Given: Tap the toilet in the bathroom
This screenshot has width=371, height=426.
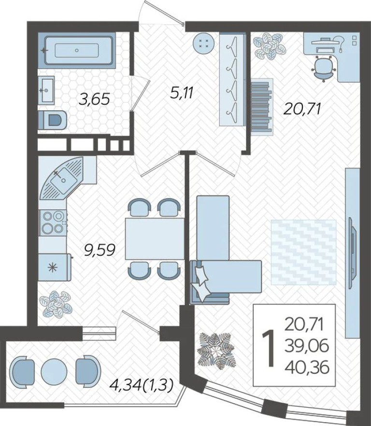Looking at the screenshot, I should point(53,119).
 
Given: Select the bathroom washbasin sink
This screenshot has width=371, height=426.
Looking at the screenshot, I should point(48,90).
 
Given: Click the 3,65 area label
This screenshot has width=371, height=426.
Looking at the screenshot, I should point(95,99).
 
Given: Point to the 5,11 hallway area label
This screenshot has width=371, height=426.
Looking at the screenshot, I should point(182,92).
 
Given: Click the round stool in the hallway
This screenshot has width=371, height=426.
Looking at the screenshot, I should point(203,44).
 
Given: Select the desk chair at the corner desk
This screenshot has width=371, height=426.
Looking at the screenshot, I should point(323,67).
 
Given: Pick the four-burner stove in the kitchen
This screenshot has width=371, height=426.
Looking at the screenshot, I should point(53,222).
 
